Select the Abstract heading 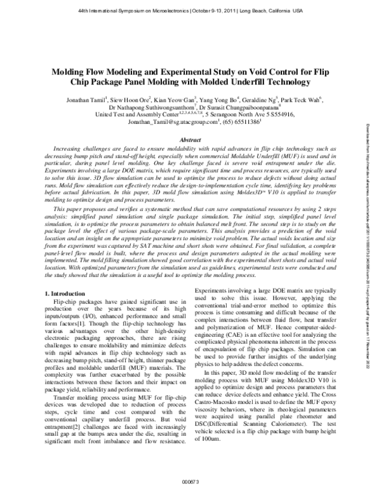pyautogui.click(x=190, y=138)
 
